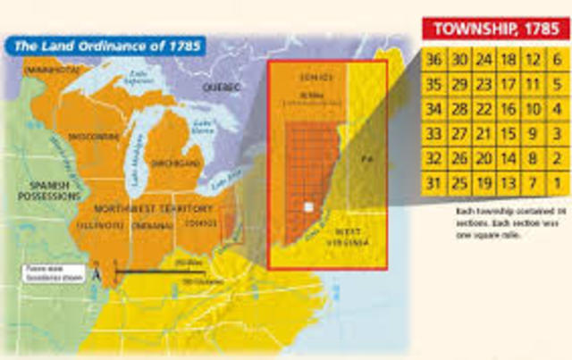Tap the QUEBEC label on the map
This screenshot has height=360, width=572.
(x=223, y=87)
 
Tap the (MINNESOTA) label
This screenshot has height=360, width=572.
(x=53, y=69)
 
